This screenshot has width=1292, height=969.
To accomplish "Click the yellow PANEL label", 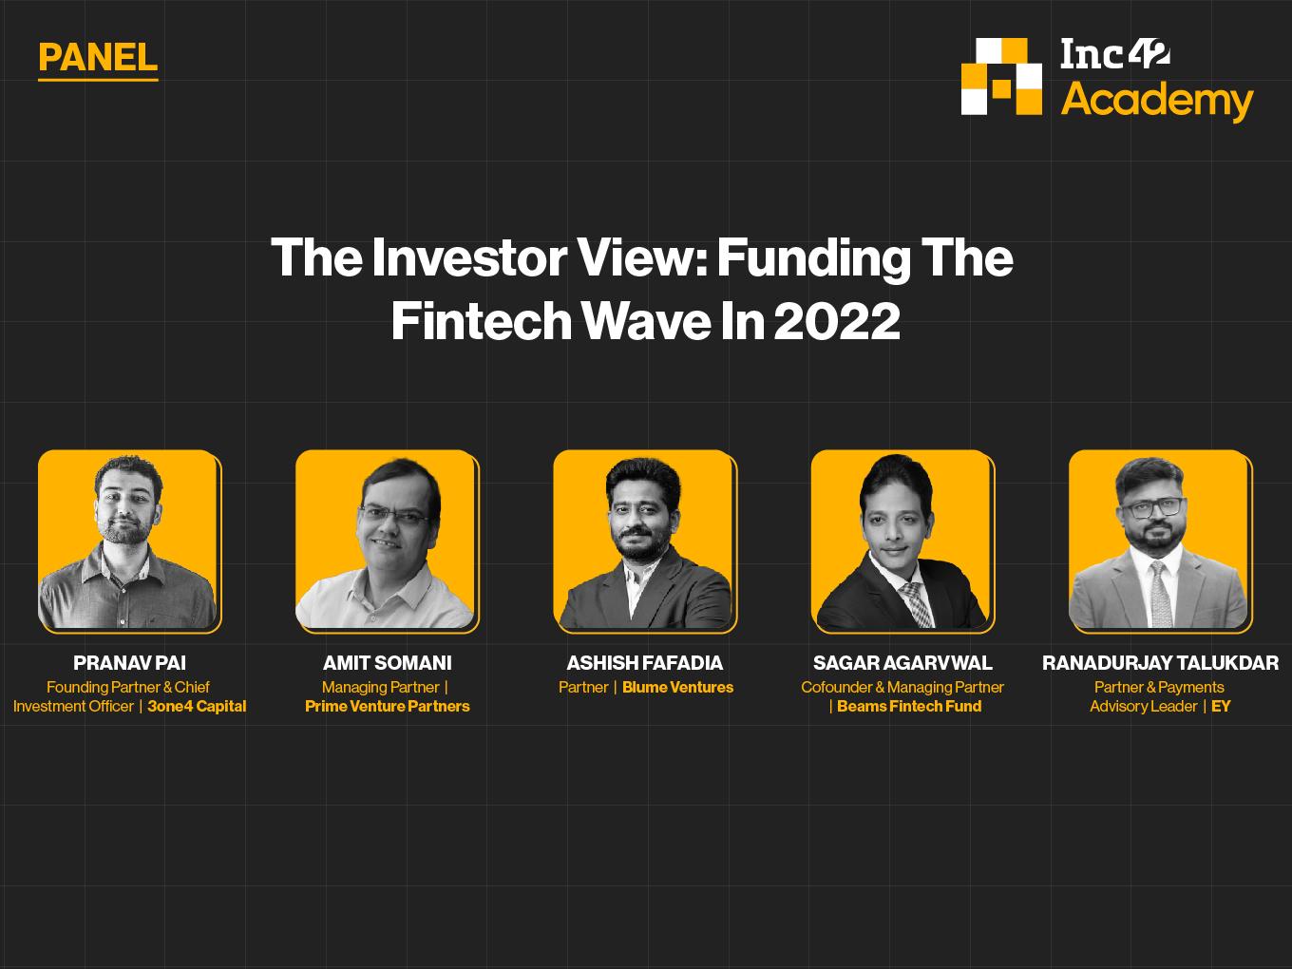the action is point(98,58).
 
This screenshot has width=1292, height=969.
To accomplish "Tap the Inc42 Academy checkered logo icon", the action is point(1001,77).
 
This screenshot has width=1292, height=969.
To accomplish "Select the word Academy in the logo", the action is point(1157,101).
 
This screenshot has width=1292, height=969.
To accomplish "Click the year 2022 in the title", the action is point(837,321).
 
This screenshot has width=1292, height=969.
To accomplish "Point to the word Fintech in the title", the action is point(482,321).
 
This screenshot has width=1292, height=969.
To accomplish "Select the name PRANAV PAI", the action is point(129,663).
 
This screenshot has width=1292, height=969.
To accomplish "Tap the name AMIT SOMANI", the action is point(388,663).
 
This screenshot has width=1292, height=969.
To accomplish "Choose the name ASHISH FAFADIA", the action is point(644,663).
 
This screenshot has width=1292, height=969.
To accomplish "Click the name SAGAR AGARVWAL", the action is point(902,663).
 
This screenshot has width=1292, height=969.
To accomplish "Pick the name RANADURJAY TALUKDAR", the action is point(1160,663).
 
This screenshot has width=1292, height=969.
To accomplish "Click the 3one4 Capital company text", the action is point(197,706).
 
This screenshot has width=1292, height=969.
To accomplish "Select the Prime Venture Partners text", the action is point(388,706).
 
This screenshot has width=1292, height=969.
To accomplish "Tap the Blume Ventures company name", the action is point(677,687).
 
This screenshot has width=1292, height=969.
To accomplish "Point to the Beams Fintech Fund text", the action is point(909,706).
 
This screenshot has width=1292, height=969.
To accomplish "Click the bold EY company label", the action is point(1221,706).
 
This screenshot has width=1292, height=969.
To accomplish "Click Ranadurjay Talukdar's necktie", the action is point(1158,594).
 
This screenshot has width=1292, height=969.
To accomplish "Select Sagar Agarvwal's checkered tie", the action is point(917,603).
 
